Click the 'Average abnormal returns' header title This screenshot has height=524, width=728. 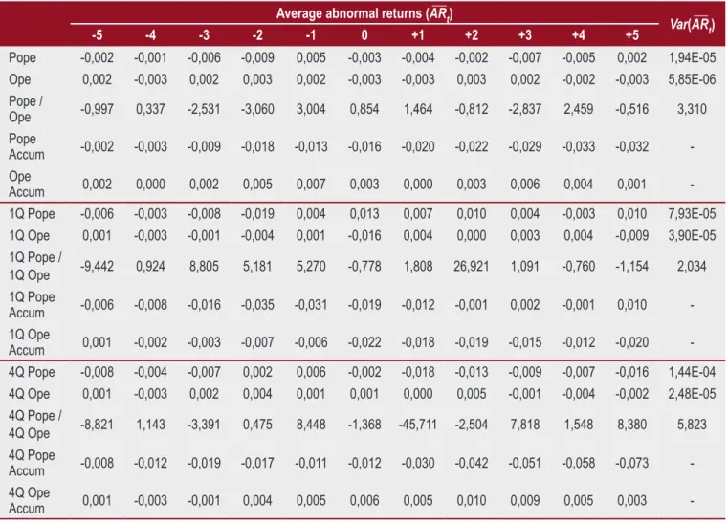click(364, 13)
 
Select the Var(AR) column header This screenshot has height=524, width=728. click(692, 25)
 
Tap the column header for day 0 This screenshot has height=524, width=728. click(364, 35)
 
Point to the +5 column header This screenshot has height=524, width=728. click(632, 35)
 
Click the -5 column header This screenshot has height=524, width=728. click(97, 35)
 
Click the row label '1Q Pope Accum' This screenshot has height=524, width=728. click(32, 304)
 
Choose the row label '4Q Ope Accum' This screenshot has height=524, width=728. click(29, 500)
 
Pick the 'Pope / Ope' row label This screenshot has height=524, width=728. click(26, 109)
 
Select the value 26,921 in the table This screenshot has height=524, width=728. click(472, 267)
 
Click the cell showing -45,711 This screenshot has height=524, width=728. click(418, 425)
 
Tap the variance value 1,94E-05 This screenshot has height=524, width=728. click(692, 57)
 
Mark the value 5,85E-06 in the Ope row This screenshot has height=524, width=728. click(692, 79)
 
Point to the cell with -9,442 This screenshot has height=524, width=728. click(97, 267)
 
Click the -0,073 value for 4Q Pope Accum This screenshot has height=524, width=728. click(632, 463)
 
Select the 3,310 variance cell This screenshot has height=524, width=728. click(692, 109)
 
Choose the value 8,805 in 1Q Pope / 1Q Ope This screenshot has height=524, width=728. click(204, 267)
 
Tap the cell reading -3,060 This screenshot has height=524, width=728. click(257, 109)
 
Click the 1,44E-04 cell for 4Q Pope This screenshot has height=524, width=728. click(692, 372)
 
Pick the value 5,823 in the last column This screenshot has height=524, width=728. click(692, 425)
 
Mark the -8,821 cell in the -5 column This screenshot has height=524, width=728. click(97, 425)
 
